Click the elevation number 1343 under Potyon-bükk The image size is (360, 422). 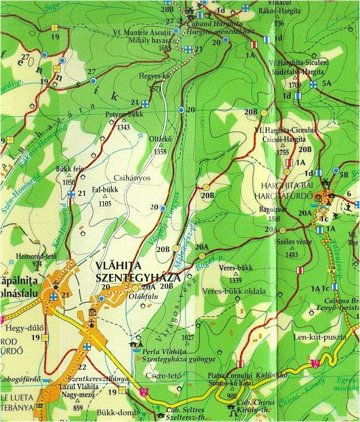(123, 127)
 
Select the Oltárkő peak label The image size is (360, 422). (161, 139)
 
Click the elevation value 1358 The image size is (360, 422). (160, 151)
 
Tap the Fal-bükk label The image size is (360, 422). (105, 191)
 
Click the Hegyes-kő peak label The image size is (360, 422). (155, 78)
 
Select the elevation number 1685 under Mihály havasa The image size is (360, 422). (164, 48)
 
